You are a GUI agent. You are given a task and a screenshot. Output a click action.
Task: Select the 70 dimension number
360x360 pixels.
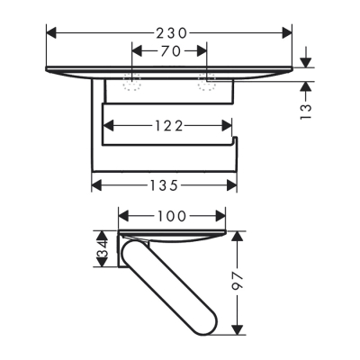[x=169, y=52]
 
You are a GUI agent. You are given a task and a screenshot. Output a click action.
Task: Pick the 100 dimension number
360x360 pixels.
[x=172, y=216]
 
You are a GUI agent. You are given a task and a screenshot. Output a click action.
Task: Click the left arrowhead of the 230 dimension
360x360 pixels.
[x=49, y=32]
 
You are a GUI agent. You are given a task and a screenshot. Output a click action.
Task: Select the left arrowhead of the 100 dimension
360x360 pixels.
[x=124, y=216]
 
